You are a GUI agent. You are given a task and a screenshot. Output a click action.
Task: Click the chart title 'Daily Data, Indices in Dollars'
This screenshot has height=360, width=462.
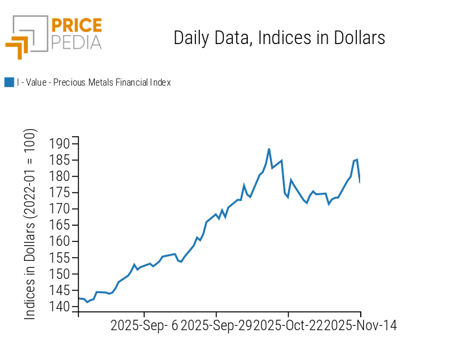tap(279, 38)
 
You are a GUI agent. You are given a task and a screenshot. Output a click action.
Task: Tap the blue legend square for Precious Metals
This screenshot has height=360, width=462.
tap(9, 82)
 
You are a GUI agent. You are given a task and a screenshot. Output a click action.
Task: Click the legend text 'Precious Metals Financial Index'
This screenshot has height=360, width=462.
tap(93, 82)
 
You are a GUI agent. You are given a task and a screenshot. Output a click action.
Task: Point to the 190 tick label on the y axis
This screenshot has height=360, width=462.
tap(60, 143)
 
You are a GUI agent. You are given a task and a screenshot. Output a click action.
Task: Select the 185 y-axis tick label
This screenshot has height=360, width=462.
tap(60, 160)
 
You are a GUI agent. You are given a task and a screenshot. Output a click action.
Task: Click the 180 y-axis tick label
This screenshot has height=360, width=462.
tap(60, 176)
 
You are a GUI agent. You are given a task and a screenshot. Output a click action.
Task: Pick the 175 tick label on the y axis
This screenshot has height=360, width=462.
tap(60, 192)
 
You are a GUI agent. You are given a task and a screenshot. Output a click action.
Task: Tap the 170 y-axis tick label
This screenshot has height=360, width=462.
tap(60, 209)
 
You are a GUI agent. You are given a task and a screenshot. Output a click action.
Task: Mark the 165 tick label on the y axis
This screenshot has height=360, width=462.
tap(60, 225)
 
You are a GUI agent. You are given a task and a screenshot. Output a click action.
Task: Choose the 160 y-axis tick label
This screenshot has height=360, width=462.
tap(60, 241)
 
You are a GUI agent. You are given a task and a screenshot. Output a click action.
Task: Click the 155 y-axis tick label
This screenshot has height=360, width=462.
tap(60, 258)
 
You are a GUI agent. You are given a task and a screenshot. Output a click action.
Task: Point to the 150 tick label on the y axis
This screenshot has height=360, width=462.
tap(60, 274)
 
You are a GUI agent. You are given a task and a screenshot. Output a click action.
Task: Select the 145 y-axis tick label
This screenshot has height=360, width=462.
tap(60, 290)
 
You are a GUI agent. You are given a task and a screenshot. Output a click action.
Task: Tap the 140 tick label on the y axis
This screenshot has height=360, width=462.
tap(60, 307)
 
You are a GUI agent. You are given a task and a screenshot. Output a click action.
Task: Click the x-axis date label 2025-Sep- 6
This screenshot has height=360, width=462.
tap(144, 325)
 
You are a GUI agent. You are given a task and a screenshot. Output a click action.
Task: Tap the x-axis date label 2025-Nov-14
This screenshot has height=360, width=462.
tap(361, 325)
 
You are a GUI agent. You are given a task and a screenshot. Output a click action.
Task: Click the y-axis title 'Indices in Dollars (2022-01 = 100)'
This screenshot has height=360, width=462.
tap(30, 224)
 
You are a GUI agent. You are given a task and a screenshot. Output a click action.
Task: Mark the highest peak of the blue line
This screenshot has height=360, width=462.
tap(269, 149)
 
